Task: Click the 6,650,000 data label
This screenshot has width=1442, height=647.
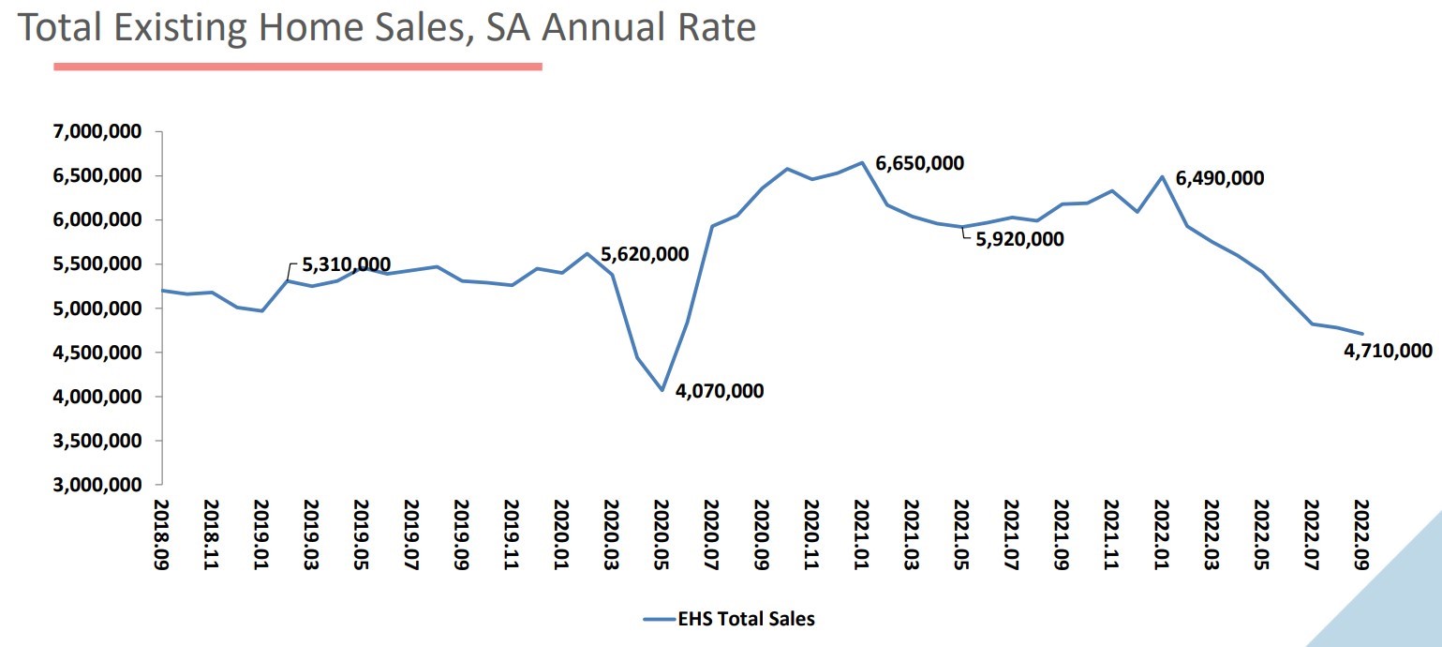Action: click(919, 164)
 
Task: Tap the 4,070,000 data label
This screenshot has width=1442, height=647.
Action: click(719, 391)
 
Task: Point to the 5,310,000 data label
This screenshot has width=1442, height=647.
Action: click(346, 265)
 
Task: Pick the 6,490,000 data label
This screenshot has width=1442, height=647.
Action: click(1220, 178)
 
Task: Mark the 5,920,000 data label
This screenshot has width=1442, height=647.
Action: click(1019, 239)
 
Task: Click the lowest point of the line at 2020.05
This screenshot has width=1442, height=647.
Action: click(662, 390)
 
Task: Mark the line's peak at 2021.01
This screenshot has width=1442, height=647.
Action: click(861, 162)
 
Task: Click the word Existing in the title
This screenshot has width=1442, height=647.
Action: click(185, 28)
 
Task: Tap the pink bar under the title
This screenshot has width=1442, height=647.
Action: click(298, 66)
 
